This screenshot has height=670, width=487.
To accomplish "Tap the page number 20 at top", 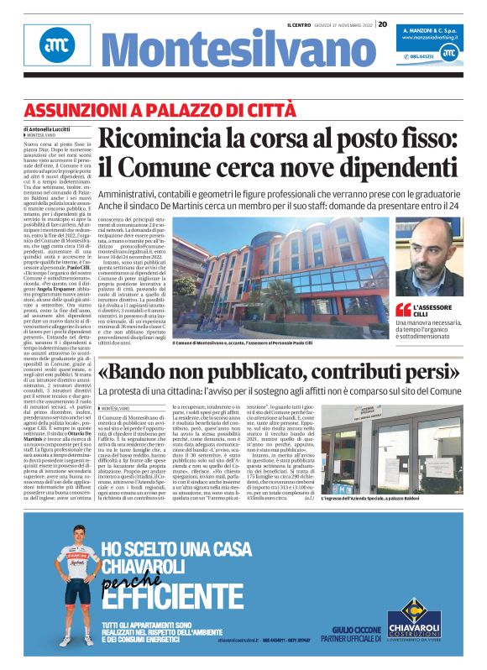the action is click(382, 24).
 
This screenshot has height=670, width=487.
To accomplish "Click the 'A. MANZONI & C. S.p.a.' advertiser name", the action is click(428, 29).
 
